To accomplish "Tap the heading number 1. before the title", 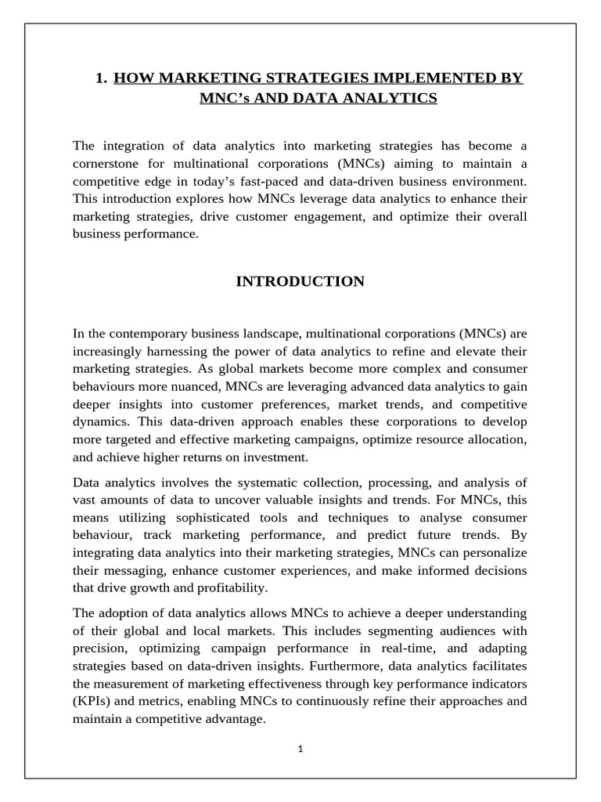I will tap(100, 78).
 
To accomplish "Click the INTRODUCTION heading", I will tap(300, 282).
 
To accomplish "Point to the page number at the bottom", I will tap(300, 749).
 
